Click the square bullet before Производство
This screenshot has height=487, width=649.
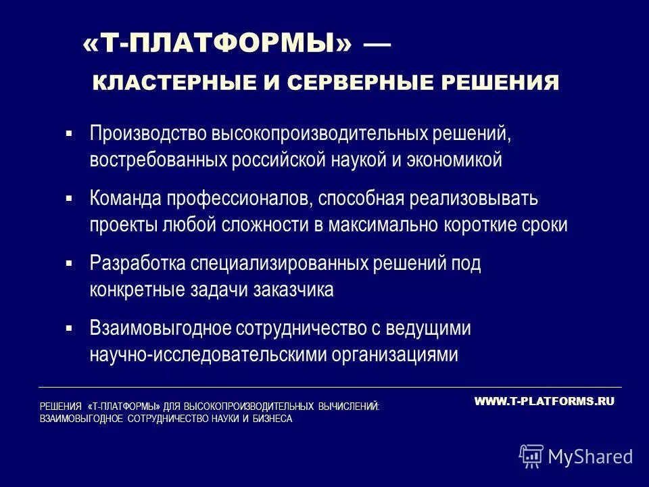[69, 133]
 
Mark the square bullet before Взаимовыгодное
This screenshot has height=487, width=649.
[69, 328]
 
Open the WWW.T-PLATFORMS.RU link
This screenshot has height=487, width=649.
[544, 401]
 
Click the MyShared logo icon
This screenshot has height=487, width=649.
[531, 457]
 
